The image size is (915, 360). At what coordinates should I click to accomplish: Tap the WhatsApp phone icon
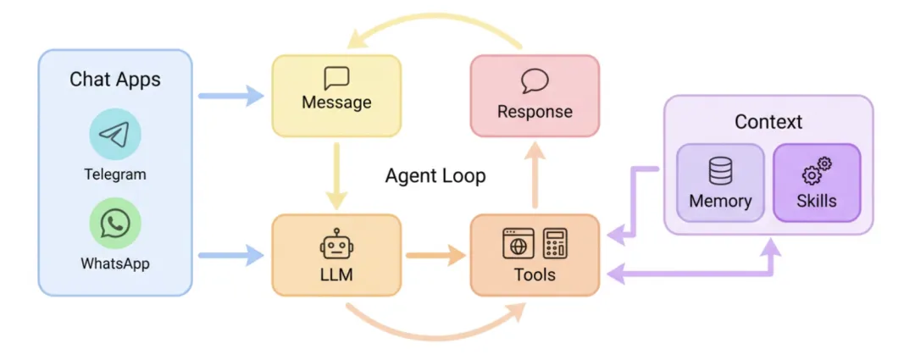click(x=114, y=224)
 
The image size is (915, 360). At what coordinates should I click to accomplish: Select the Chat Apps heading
click(x=114, y=80)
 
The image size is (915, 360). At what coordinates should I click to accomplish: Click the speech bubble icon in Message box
click(x=336, y=79)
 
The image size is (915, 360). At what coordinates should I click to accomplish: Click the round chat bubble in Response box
click(x=535, y=81)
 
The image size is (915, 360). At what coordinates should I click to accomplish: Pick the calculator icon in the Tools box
click(x=555, y=244)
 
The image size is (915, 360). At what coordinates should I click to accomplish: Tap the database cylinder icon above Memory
click(x=720, y=172)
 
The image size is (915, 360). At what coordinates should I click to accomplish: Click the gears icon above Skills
click(x=817, y=172)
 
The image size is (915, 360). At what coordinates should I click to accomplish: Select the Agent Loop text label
click(x=435, y=176)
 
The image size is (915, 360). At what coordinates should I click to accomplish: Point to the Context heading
click(x=768, y=122)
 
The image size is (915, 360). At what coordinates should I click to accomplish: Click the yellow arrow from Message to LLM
click(x=336, y=176)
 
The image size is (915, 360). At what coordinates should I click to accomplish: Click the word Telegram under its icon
click(x=114, y=174)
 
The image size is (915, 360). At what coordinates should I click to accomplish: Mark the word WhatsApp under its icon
click(x=114, y=263)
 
